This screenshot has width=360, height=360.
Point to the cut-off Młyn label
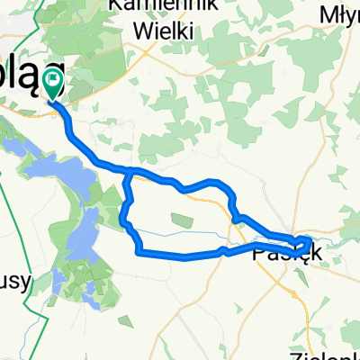tap(340, 13)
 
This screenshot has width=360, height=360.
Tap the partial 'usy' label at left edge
tap(15, 280)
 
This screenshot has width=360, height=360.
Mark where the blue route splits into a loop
tap(131, 171)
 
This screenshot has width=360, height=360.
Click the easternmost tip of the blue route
tap(311, 240)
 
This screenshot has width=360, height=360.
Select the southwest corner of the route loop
tap(138, 253)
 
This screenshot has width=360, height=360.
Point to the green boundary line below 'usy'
tap(38, 315)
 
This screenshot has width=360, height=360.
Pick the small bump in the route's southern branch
tap(222, 248)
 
